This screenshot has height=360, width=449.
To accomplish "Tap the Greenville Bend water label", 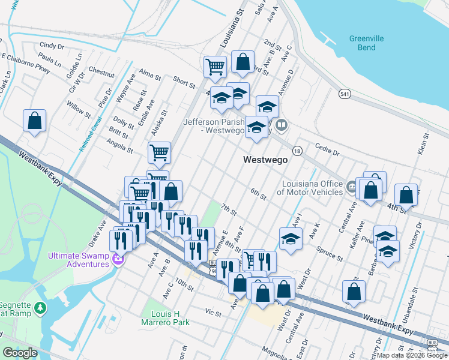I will [366, 43].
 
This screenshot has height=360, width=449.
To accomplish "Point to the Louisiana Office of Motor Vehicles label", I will [310, 188].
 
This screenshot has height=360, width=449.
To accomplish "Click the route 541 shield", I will [344, 94].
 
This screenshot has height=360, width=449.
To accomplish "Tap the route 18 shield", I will [297, 150].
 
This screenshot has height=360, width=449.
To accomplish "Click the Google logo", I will [19, 353].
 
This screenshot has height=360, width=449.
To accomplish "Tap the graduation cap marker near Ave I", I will [291, 238].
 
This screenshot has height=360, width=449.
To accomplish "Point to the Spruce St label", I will [331, 253].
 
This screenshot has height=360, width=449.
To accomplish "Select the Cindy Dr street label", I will [52, 46].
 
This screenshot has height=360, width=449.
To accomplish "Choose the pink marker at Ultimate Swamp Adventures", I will [118, 259].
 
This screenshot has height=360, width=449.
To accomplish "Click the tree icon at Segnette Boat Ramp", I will [40, 308].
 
